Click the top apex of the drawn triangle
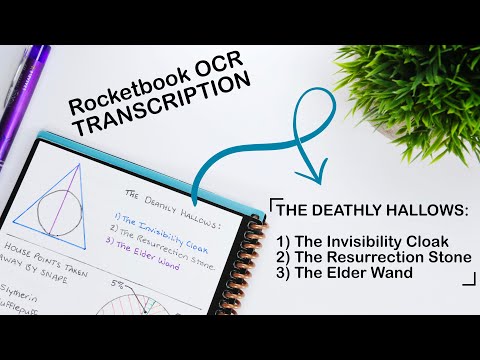69,163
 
